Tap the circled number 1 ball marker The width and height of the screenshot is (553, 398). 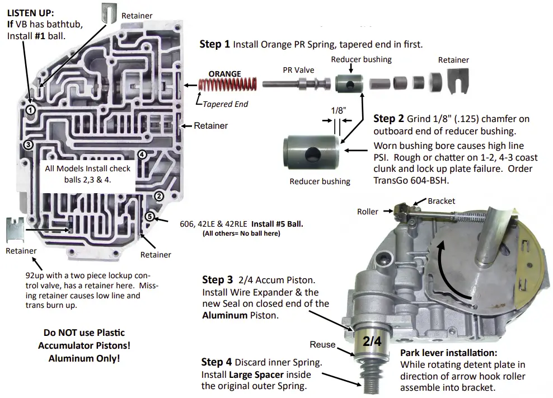(x=31, y=110)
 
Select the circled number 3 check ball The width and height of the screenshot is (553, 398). (x=29, y=145)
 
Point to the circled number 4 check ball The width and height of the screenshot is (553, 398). (x=142, y=154)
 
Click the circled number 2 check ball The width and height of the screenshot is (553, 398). (x=159, y=196)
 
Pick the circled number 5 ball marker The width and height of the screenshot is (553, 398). (x=149, y=217)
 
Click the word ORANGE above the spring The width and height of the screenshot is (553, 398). (x=224, y=73)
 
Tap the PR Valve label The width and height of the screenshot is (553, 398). (x=298, y=70)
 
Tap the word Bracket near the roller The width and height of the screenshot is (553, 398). (x=442, y=201)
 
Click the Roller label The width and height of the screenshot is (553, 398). (x=367, y=212)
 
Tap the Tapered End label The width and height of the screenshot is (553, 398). (x=225, y=104)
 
